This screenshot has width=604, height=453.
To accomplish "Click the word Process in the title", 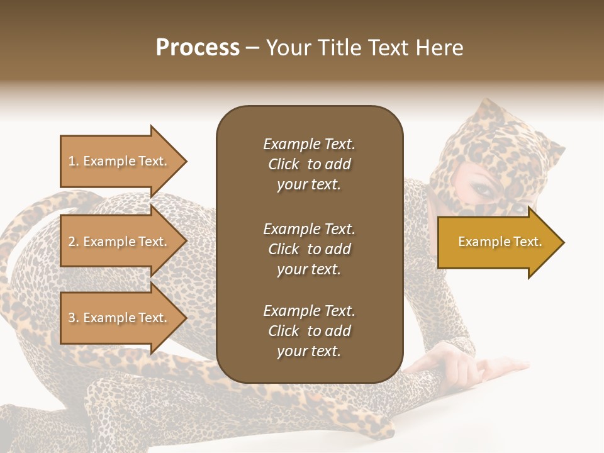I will (x=198, y=48).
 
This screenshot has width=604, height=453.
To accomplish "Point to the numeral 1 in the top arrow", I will (x=72, y=161).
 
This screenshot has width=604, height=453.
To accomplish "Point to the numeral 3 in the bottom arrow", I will (x=72, y=318).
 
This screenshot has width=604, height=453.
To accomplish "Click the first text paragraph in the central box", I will (x=309, y=164).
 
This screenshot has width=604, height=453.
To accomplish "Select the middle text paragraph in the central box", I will (x=309, y=249).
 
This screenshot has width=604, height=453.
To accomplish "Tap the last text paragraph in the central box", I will (x=309, y=331).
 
